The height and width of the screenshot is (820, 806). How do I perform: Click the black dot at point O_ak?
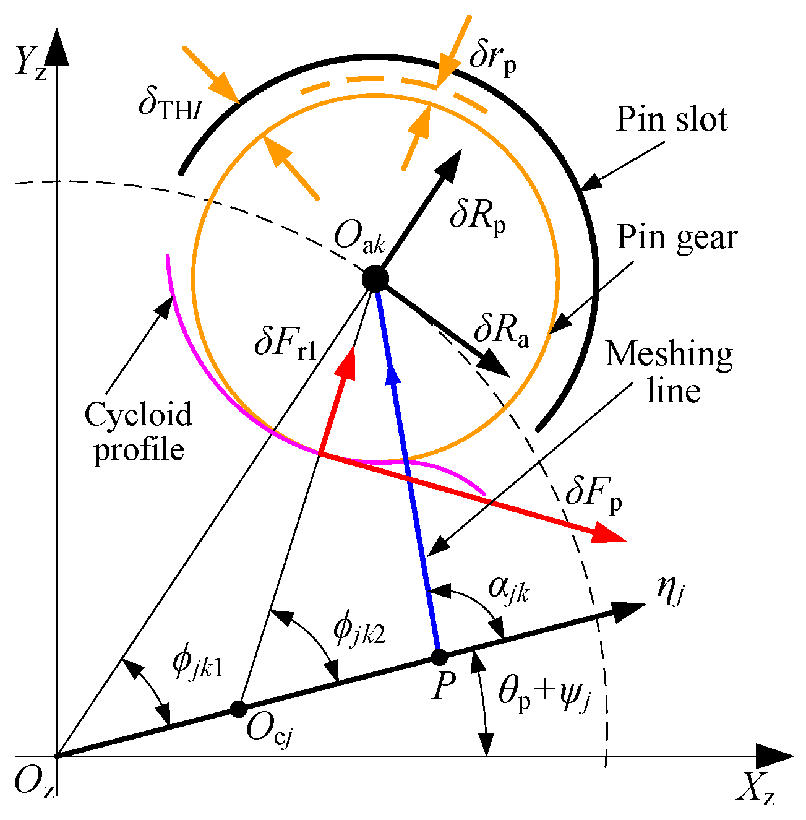click(x=375, y=279)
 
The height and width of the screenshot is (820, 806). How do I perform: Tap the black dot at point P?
click(x=439, y=657)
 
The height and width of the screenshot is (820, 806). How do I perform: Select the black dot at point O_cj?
click(x=238, y=709)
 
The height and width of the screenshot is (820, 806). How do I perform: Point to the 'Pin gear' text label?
click(x=677, y=237)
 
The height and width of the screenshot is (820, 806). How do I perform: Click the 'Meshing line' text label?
click(x=670, y=372)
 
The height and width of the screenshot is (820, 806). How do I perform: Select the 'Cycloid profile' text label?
click(x=139, y=431)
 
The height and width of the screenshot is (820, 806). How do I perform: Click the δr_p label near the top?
click(x=492, y=58)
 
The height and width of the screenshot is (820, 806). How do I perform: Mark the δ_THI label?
click(x=170, y=105)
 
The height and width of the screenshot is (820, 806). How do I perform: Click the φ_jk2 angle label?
click(x=359, y=630)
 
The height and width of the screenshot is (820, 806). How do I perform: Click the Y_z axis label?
click(x=31, y=63)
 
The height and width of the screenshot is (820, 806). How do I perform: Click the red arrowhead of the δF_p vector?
click(x=609, y=533)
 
